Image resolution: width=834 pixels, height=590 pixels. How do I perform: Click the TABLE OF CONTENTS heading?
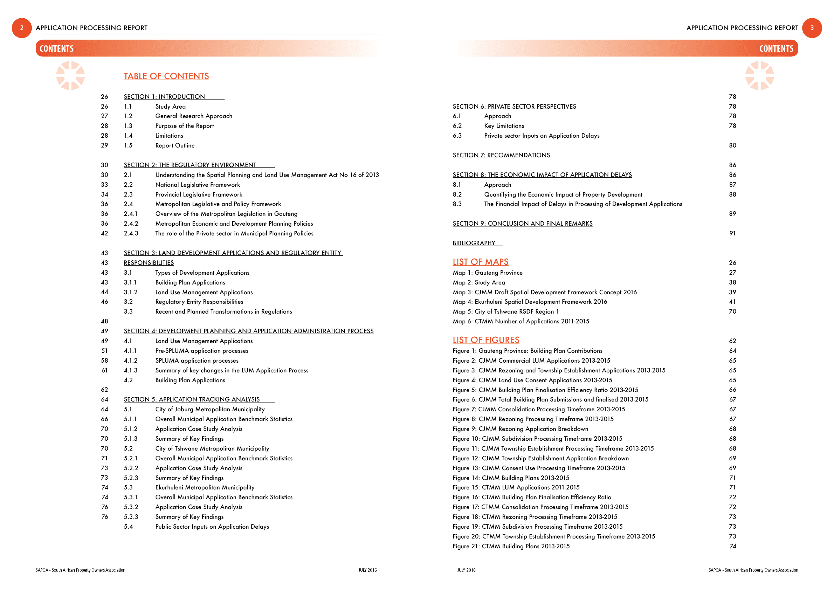(x=166, y=76)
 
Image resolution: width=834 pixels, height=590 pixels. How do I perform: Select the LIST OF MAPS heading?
(x=480, y=262)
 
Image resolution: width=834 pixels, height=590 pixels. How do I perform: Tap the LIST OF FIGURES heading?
(x=485, y=340)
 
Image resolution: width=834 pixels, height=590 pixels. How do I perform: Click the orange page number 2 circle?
(x=22, y=28)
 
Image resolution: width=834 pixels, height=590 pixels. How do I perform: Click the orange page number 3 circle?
(x=812, y=28)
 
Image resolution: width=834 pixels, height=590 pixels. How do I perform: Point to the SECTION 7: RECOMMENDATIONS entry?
(x=501, y=155)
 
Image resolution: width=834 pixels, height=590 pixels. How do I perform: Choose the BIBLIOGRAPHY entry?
(x=474, y=243)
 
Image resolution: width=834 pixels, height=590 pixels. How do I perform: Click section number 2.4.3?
(x=131, y=233)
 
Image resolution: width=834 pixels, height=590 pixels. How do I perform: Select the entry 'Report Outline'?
(x=175, y=145)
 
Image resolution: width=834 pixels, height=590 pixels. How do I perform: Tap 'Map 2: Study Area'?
(x=479, y=282)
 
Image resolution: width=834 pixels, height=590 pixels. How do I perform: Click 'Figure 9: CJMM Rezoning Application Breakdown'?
(x=520, y=429)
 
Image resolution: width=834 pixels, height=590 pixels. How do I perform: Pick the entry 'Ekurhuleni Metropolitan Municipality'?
(x=205, y=487)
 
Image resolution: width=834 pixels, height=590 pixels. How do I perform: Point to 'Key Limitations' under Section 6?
(x=504, y=126)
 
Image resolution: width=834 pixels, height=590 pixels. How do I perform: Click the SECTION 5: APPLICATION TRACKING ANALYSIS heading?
(x=192, y=399)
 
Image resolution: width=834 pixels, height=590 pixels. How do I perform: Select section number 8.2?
(x=457, y=194)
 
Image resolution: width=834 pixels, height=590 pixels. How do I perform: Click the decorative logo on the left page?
(x=70, y=76)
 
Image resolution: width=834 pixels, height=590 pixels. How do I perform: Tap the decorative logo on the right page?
(x=759, y=76)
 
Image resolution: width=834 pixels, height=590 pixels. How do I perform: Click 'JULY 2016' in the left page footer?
(x=367, y=570)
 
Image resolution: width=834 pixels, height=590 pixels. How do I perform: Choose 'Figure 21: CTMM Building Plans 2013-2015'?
(x=511, y=546)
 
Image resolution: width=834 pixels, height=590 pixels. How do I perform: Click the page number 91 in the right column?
(x=732, y=233)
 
